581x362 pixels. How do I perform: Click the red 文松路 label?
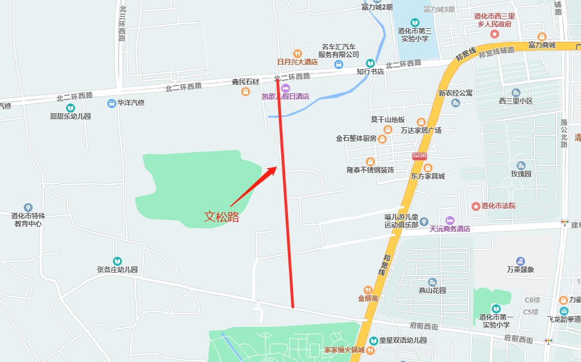[221, 216]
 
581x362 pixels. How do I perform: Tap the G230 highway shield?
[419, 156]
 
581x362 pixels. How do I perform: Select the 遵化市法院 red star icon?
[476, 206]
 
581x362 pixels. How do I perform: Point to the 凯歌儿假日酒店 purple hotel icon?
[286, 88]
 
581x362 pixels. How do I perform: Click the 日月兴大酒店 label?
[297, 62]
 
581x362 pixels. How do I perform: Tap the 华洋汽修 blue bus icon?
[112, 104]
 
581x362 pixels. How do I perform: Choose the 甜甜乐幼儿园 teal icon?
[71, 107]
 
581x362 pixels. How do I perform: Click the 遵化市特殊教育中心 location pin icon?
[28, 208]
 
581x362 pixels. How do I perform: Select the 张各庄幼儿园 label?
[117, 270]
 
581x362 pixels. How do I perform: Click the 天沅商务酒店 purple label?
[449, 229]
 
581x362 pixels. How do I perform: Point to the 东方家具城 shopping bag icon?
[428, 167]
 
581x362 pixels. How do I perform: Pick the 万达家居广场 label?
[421, 131]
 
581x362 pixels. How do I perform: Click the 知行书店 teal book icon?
[370, 63]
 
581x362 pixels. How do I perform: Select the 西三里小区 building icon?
[516, 92]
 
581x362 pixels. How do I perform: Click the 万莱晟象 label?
[520, 270]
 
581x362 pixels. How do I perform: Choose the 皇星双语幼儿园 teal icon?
[373, 341]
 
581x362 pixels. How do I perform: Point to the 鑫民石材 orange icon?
[246, 91]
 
